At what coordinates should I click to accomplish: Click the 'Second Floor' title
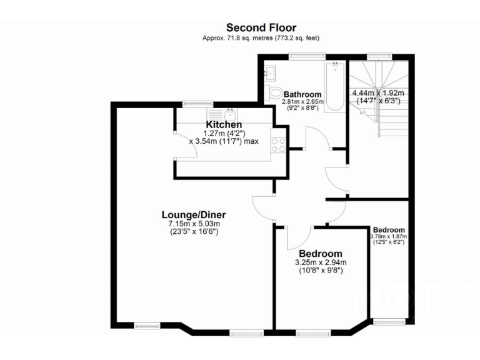pos(261,27)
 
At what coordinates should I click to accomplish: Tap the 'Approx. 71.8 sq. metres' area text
pos(261,38)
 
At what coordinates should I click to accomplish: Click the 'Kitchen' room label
pos(224,124)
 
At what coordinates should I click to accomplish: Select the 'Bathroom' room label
pos(303,94)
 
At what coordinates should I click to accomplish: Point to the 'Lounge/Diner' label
pos(193,214)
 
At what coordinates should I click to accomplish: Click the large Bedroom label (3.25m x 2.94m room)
pos(321,253)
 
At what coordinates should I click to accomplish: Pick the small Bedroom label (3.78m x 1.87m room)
pos(389,229)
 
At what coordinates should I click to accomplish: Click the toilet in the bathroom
pos(276,93)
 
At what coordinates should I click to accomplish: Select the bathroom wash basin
pos(271,72)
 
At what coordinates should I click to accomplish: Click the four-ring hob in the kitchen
pos(277,145)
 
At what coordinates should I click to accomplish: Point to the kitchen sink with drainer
pos(229,114)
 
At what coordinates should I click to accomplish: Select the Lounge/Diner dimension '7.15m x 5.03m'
pos(194,224)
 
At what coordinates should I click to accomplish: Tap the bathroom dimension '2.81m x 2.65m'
pos(303,101)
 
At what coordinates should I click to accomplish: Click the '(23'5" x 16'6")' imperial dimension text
pos(193,231)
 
